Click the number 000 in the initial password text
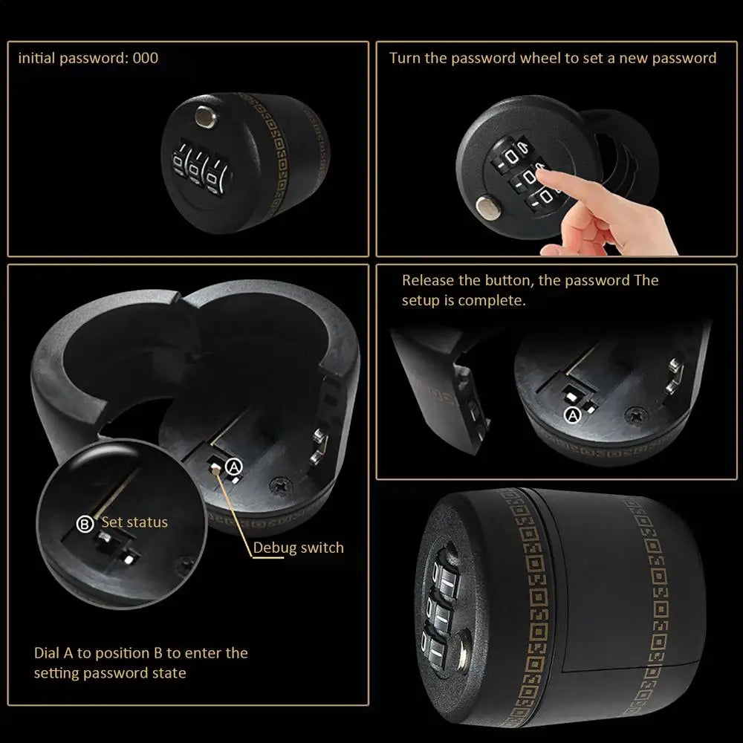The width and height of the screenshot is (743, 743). pos(146,58)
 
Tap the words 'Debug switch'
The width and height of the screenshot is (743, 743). pos(299,548)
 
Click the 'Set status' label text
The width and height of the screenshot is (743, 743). pos(134,522)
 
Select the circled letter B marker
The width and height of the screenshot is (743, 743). pos(85,524)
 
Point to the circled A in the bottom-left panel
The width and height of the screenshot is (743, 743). pos(234,466)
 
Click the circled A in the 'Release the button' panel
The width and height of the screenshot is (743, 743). pos(573,415)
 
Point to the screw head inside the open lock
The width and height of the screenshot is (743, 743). pos(283,483)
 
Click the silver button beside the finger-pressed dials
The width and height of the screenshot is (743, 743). pos(488,206)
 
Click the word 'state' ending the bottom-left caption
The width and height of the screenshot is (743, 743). pos(170,673)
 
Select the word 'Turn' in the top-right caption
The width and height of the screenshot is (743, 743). pos(405,58)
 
